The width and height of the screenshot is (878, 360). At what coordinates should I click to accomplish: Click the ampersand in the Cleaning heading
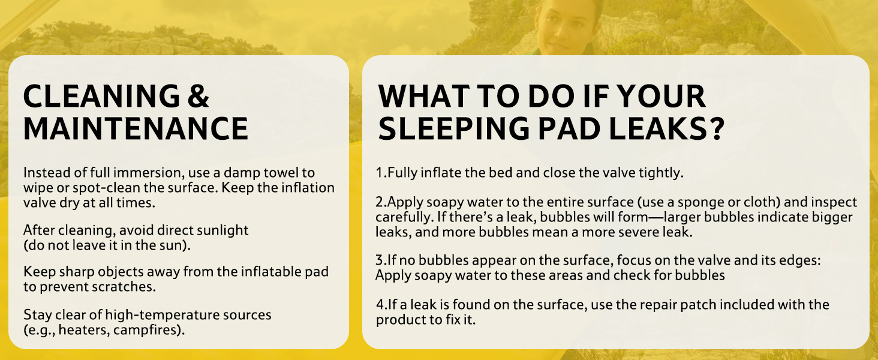[x=199, y=96]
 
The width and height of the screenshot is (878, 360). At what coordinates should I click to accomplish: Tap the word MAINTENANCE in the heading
[x=136, y=128]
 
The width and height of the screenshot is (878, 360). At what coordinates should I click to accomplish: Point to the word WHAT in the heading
[x=424, y=96]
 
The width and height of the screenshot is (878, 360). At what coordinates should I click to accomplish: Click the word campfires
[x=149, y=330]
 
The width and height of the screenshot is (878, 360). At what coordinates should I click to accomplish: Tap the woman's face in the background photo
[x=565, y=25]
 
